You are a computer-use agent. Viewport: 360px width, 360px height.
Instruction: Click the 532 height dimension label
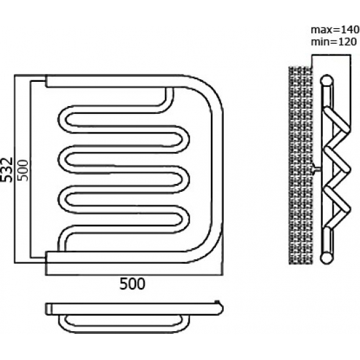[x=6, y=170]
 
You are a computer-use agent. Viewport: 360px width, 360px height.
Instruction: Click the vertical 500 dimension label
[x=23, y=170]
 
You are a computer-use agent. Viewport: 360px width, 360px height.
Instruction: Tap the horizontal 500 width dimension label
[x=132, y=283]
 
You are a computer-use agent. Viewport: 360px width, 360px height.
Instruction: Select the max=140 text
[x=335, y=29]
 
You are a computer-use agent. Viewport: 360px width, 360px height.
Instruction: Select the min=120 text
[x=334, y=42]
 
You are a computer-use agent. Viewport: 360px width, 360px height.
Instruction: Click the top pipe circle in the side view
[x=327, y=81]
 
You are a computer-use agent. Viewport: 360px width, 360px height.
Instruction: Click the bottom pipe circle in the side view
[x=326, y=258]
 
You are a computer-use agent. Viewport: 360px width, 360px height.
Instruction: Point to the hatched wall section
[x=300, y=166]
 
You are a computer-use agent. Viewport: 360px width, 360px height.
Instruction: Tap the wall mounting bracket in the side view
[x=317, y=169]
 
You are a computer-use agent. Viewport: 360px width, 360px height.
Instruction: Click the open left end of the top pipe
[x=46, y=81]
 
